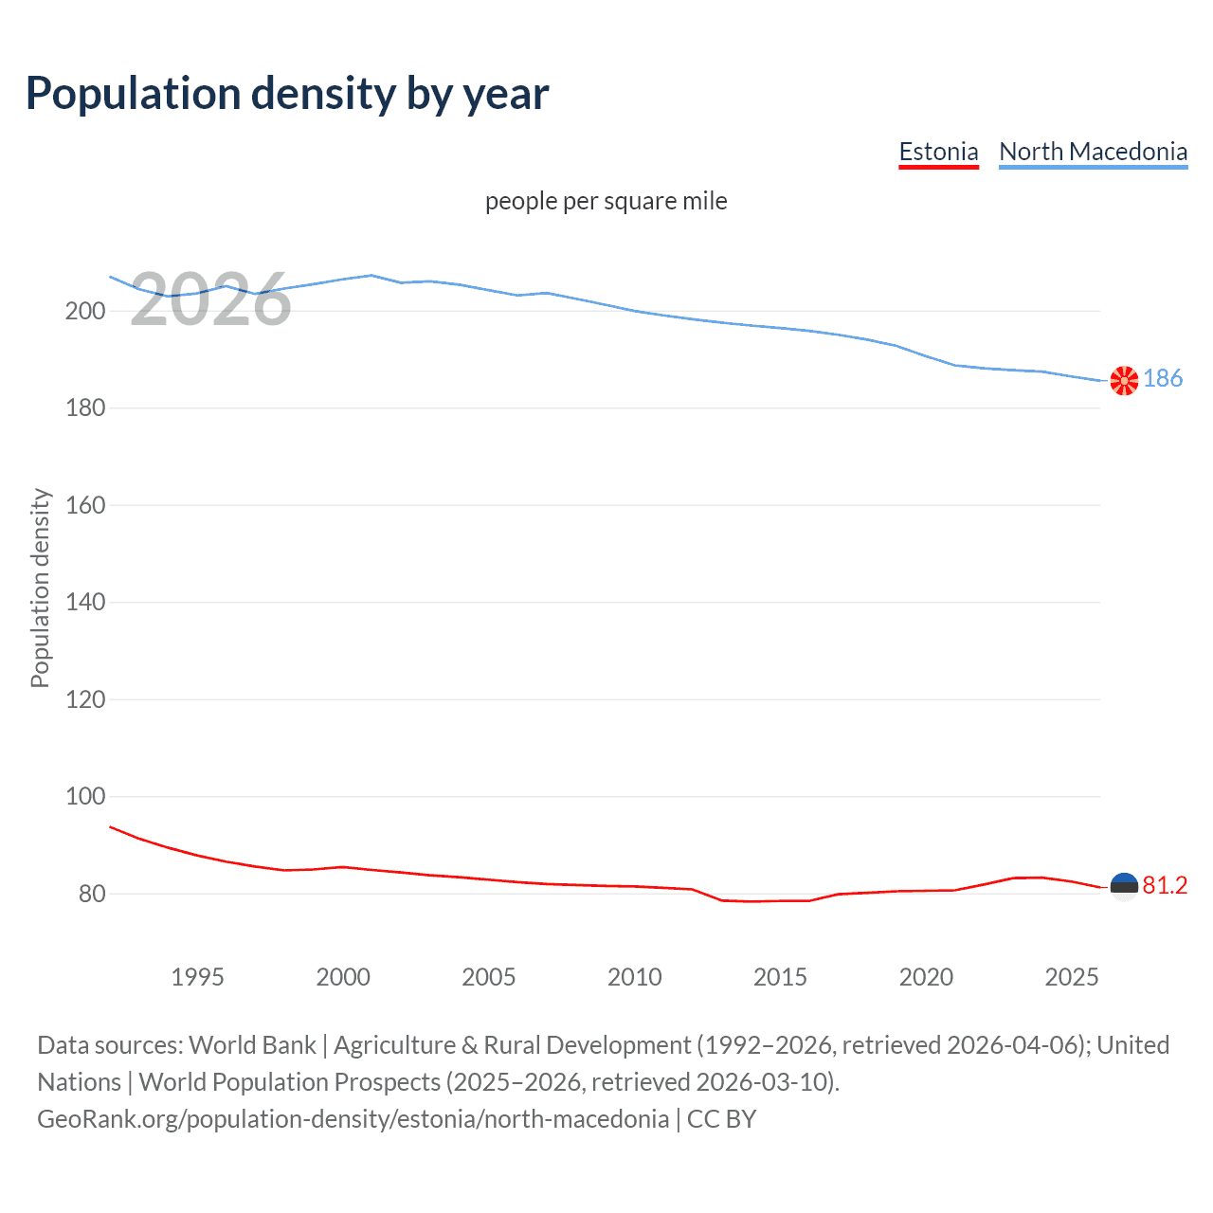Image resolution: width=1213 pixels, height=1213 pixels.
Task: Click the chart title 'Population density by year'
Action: tap(287, 93)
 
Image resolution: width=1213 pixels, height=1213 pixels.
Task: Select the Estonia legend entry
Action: tap(938, 152)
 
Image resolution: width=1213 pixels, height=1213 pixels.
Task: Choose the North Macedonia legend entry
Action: tap(1093, 152)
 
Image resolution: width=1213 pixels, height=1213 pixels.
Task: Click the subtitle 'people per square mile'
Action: tap(606, 201)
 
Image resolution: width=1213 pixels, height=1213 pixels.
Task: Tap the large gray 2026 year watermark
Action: tap(210, 300)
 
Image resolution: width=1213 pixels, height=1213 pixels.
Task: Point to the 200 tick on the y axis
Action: tap(85, 311)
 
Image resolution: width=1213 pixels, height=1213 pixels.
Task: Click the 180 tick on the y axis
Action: tap(85, 408)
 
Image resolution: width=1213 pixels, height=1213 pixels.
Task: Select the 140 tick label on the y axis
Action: tap(85, 603)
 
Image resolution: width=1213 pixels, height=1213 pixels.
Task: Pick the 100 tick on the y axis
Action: tap(85, 797)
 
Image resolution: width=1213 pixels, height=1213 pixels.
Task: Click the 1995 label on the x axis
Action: tap(197, 977)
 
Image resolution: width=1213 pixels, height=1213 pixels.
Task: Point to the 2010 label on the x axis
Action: tap(634, 977)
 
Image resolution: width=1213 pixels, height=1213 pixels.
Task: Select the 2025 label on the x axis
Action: tap(1071, 977)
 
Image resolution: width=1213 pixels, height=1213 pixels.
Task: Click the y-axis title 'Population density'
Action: tap(40, 588)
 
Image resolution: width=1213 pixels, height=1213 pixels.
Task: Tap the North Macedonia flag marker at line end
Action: tap(1124, 381)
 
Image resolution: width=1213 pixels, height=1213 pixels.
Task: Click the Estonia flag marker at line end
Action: tap(1124, 887)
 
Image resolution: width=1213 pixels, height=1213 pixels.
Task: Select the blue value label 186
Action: tap(1163, 379)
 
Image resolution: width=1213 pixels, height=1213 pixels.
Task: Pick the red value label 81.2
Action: tap(1165, 885)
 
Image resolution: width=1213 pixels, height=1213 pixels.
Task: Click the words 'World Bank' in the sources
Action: tap(252, 1045)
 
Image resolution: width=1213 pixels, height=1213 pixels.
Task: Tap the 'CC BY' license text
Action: tap(721, 1119)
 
